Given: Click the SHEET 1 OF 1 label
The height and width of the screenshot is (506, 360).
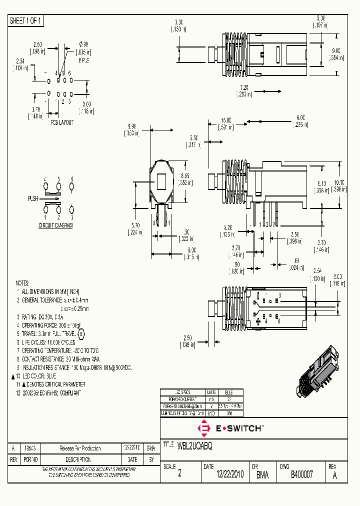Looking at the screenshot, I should pos(26,20).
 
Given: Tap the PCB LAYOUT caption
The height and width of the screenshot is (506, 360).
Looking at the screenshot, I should pos(62,122).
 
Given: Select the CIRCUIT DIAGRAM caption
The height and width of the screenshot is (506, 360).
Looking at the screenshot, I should pos(56,225).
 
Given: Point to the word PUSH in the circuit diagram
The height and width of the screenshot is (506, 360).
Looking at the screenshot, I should pos(33,198).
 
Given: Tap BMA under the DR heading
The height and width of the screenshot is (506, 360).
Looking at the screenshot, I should pos(262,475).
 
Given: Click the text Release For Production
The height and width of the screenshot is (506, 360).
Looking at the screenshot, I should pos(80,448).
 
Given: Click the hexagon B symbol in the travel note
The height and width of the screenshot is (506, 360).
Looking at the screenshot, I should pos(82,333).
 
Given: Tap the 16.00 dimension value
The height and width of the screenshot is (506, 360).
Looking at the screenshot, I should pos(226,120).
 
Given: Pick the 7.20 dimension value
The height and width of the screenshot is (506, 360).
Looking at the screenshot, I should pos(244,86).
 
